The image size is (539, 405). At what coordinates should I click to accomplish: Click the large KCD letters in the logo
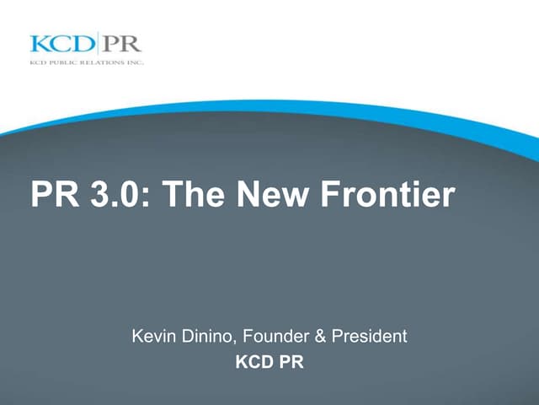tap(62, 44)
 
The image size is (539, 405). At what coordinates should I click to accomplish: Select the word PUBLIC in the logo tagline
tap(60, 63)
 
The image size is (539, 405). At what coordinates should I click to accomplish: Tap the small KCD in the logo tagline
tap(36, 63)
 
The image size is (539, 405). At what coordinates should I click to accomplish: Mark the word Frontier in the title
tap(387, 195)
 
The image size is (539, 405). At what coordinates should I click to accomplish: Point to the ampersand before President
tap(319, 336)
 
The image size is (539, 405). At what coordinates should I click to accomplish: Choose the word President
tap(369, 336)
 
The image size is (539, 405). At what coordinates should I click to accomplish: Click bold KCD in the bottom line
tap(253, 365)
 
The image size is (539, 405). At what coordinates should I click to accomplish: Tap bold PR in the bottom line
tap(291, 365)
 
